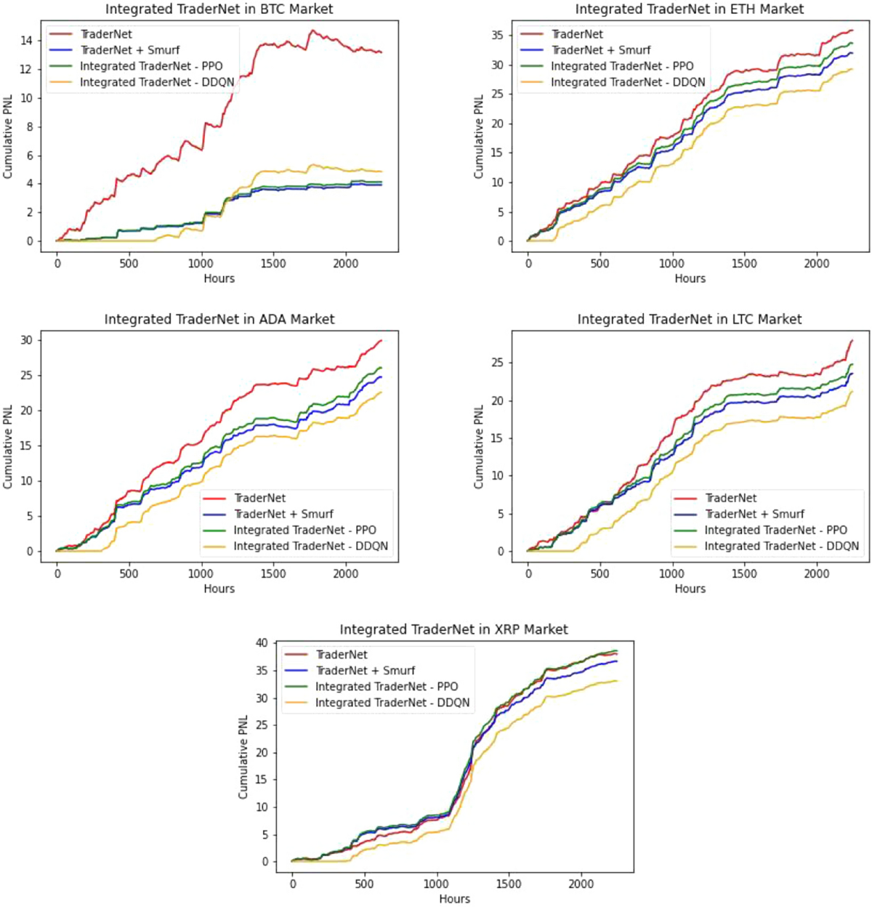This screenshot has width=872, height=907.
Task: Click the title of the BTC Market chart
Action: (x=219, y=9)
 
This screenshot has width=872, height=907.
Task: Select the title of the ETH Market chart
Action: (x=690, y=9)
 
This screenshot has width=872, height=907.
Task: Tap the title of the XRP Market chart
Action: (x=453, y=629)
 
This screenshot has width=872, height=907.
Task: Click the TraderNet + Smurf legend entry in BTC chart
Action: (x=130, y=50)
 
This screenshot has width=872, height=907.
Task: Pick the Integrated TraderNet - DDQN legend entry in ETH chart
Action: (x=628, y=82)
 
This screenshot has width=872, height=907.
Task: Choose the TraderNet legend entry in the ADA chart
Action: (x=259, y=498)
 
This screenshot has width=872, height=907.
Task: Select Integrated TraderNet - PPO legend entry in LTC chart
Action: (x=776, y=530)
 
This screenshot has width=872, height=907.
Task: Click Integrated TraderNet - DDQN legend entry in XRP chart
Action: (x=392, y=703)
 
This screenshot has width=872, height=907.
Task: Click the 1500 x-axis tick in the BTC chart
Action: (x=273, y=264)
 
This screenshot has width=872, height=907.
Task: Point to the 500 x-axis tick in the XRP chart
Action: (x=364, y=884)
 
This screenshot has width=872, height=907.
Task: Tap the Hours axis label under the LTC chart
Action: (x=690, y=589)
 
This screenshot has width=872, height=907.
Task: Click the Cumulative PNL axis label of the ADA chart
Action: (x=8, y=447)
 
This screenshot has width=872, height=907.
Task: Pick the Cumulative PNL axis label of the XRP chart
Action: (x=243, y=757)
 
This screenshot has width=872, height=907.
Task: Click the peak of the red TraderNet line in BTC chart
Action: (x=312, y=31)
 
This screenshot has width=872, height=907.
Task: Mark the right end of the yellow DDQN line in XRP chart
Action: (x=617, y=681)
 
